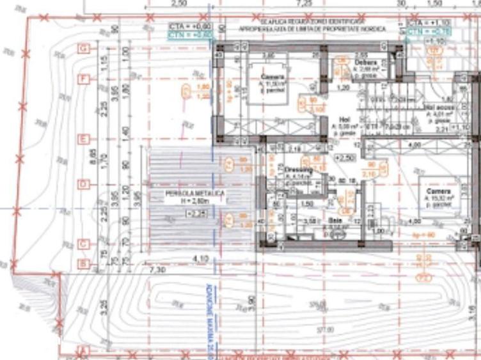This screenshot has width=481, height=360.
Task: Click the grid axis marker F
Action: pos(83,79)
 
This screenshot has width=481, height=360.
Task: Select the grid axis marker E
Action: pos(83,139)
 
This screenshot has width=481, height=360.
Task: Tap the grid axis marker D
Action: pos(83,185)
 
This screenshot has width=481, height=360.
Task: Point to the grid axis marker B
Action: pos(83,263)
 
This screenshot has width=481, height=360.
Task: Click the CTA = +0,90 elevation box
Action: pos(182,25)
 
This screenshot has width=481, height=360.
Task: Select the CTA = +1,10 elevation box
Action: pos(423,22)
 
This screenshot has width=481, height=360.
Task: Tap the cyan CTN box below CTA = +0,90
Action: pos(182,34)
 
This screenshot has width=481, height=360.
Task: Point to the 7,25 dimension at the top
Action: pos(304,4)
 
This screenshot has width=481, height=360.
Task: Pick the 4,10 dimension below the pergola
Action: pos(200,257)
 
